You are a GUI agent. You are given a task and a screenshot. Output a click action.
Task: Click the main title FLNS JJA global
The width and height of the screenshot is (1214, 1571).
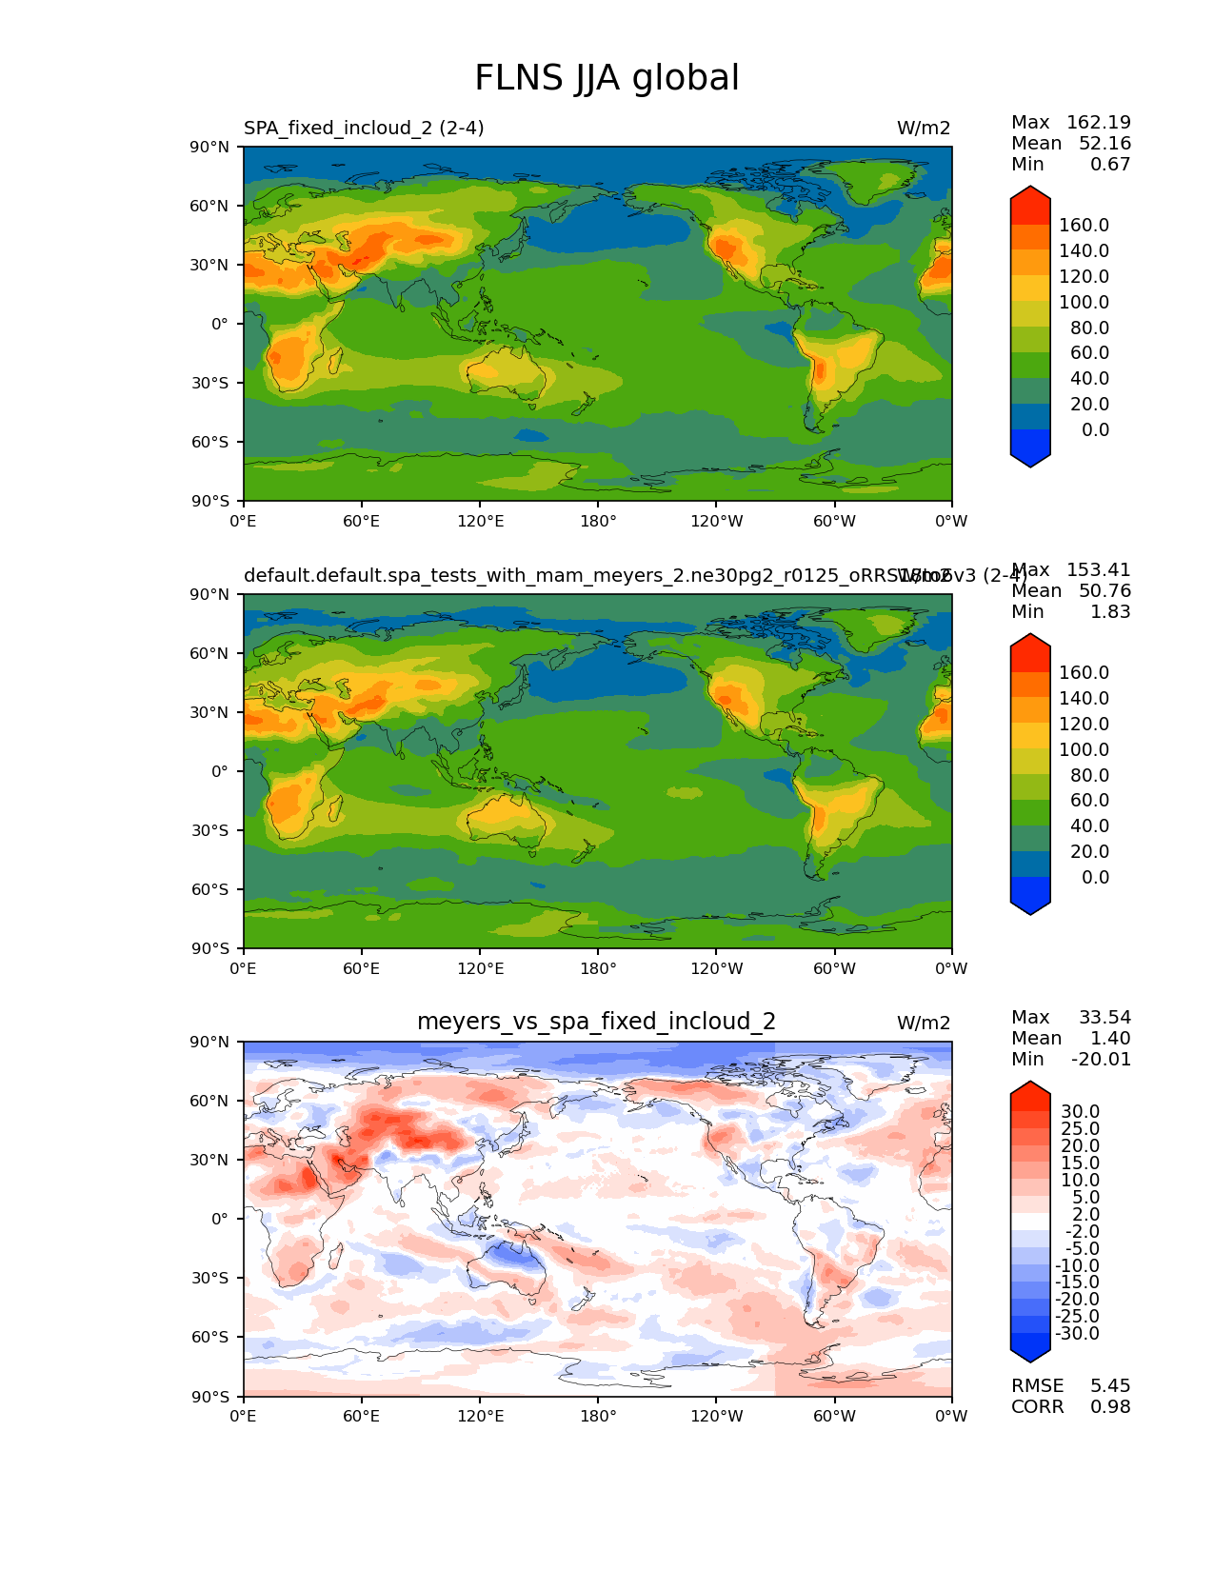607,78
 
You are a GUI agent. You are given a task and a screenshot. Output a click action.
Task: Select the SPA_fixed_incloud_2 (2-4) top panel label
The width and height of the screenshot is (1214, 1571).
364,129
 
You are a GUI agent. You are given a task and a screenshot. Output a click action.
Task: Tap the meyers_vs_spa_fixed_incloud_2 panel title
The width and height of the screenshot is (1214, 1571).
596,1022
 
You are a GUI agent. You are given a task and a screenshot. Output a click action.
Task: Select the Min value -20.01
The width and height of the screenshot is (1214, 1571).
1101,1060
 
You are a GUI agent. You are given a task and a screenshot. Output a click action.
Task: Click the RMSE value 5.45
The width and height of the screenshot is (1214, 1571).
1110,1385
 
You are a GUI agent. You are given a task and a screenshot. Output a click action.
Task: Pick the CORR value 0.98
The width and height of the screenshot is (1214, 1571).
1110,1406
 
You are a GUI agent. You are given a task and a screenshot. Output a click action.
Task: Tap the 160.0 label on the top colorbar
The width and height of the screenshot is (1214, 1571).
1084,226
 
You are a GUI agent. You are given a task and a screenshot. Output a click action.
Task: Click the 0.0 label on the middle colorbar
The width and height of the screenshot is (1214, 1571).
1095,877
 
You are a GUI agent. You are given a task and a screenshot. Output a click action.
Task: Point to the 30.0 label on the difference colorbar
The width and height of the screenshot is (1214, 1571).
1080,1112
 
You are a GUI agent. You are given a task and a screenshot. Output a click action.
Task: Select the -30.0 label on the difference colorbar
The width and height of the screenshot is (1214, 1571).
1077,1334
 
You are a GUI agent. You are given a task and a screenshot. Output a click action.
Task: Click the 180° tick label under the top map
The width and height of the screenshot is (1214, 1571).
598,521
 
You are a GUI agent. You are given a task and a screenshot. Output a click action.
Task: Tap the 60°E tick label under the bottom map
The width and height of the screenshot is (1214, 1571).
362,1416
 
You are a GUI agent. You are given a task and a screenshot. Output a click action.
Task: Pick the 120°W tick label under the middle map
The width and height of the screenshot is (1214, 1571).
716,968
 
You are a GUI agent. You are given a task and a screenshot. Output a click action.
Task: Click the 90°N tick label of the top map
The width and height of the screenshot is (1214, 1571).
210,147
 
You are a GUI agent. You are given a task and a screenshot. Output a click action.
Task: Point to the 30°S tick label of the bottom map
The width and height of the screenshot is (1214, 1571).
210,1278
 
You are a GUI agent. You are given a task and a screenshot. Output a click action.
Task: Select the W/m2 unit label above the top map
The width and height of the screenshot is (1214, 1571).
924,129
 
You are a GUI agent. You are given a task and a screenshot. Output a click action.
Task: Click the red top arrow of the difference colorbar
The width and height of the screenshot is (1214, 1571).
1030,1091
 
